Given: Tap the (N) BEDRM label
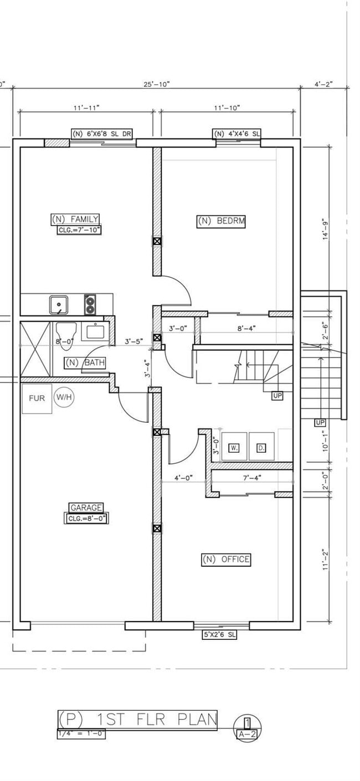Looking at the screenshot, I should [221, 221].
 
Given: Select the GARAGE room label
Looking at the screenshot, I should [86, 508].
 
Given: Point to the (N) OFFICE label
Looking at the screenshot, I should [225, 560].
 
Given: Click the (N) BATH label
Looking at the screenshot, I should [85, 363].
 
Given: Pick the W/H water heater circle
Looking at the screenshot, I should [64, 397].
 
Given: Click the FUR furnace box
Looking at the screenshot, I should [37, 399].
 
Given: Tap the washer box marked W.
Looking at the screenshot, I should [234, 447].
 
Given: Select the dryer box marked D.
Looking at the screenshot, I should [261, 447].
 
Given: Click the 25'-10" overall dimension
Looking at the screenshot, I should [156, 84].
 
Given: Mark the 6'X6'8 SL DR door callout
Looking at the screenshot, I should [104, 133].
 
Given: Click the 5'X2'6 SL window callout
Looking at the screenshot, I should [219, 635].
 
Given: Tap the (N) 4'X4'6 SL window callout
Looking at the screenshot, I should [237, 133].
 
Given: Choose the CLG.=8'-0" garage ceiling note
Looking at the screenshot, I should [86, 519].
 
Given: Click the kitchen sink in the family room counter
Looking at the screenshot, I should [59, 304].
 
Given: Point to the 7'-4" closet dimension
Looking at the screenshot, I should [252, 477].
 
